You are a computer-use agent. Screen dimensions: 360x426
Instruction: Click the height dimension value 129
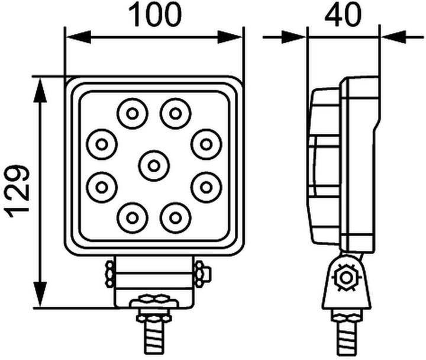click(18, 191)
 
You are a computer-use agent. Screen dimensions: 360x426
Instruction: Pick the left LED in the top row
click(132, 112)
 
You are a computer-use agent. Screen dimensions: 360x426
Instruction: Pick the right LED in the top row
click(175, 112)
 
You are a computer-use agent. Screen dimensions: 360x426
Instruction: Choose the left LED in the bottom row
click(132, 218)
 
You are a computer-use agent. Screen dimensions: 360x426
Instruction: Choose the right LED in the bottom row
click(175, 218)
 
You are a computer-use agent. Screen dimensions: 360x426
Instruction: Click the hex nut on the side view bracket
click(343, 277)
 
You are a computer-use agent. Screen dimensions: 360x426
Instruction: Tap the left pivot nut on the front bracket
click(109, 274)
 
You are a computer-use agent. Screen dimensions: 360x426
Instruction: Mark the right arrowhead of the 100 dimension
click(230, 37)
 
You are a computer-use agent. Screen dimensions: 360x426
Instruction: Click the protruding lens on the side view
click(322, 166)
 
